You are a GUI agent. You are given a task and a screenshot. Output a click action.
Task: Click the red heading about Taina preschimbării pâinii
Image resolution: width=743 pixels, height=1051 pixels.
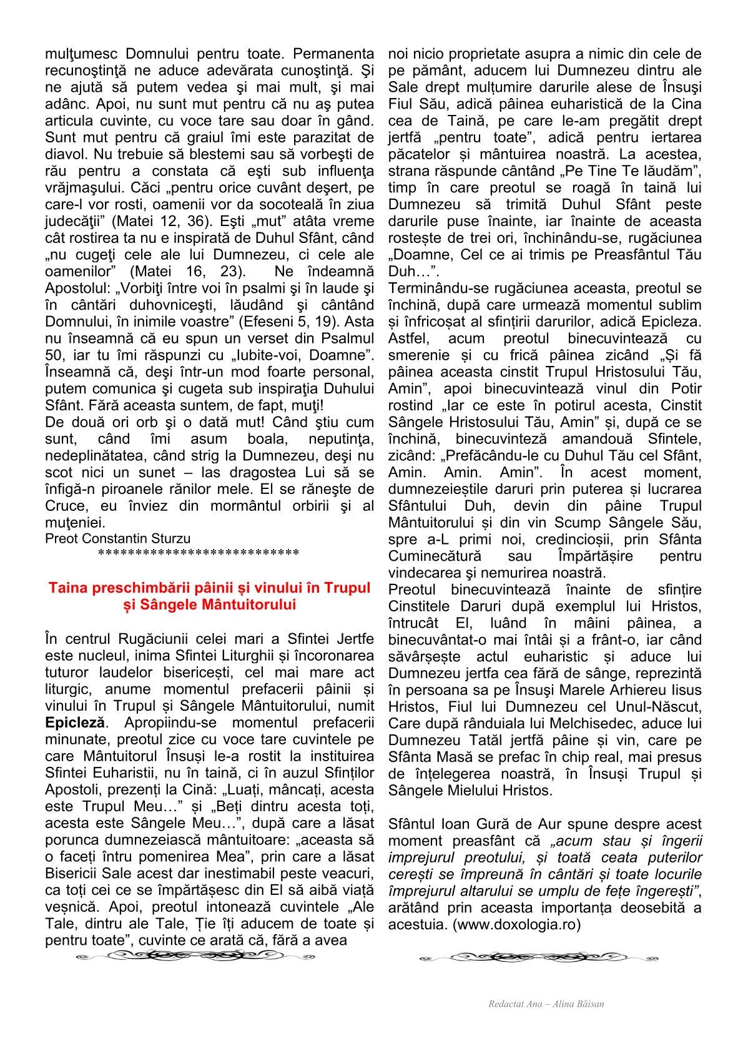(x=209, y=596)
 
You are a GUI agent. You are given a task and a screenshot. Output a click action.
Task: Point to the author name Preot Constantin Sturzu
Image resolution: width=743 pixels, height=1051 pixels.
(x=118, y=538)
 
